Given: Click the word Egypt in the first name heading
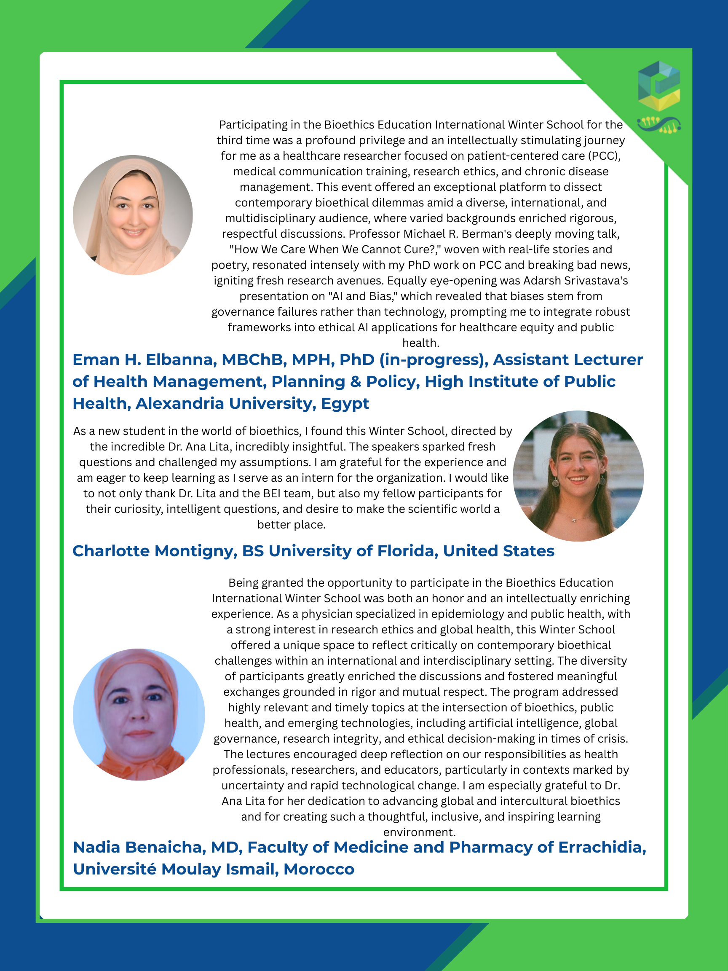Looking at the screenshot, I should point(345,404).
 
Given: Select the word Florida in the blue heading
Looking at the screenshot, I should point(408,551).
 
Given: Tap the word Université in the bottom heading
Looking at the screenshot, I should point(115,869).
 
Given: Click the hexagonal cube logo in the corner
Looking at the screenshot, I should point(658,86).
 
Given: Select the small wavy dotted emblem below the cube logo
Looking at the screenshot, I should point(658,125).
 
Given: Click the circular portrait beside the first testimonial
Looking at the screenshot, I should point(133,215).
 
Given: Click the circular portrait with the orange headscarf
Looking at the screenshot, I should point(139,715).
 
